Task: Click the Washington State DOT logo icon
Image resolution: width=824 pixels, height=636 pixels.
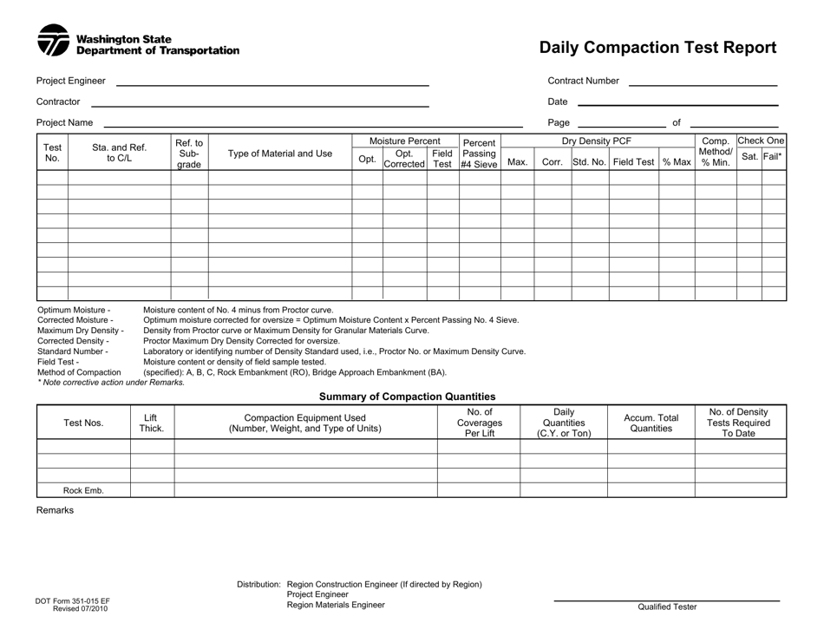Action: (x=53, y=40)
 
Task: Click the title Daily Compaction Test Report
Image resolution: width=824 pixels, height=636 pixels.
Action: (x=657, y=48)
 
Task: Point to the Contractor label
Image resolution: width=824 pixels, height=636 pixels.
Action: (x=58, y=102)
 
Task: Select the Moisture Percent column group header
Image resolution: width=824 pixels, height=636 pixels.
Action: (x=405, y=141)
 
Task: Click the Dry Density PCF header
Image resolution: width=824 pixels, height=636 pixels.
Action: (x=598, y=141)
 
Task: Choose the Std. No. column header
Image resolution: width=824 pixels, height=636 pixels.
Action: (x=590, y=161)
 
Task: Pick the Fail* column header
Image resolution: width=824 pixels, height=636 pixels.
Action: (x=774, y=156)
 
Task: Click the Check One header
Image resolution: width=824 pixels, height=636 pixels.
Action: (x=761, y=141)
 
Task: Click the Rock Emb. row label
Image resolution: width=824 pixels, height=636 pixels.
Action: (x=83, y=490)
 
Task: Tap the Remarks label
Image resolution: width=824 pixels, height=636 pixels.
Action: (x=55, y=510)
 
